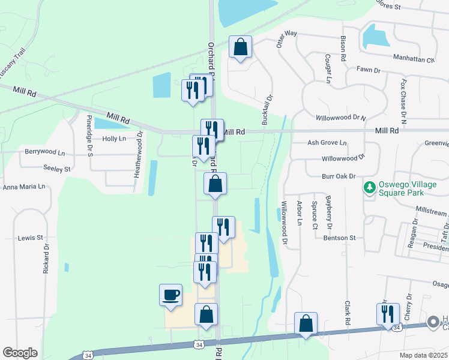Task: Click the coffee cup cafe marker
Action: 170,295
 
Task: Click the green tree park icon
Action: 369,188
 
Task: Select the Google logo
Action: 20,352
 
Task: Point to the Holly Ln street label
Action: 114,139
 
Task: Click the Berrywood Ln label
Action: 44,152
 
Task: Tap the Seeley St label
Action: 57,169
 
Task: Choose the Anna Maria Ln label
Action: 24,187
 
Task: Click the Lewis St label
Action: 30,238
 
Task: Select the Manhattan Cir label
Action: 414,60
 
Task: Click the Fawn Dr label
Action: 369,70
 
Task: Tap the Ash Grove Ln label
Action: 327,143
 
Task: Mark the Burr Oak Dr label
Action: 339,176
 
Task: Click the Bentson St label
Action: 340,238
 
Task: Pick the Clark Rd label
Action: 347,313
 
